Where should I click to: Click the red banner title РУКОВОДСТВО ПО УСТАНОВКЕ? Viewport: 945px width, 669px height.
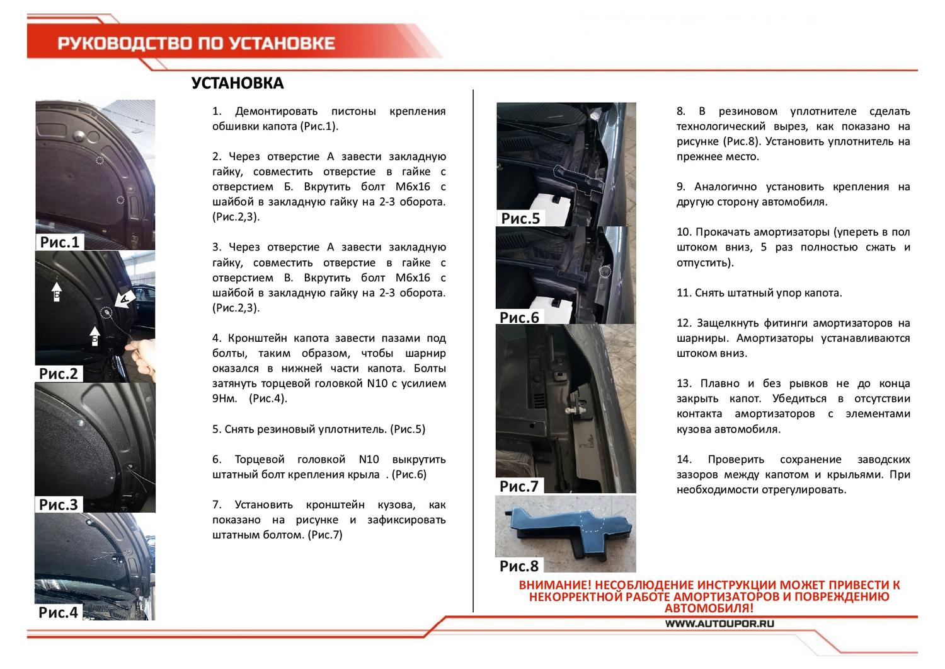click(x=196, y=43)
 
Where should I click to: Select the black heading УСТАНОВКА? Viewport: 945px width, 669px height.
click(x=238, y=83)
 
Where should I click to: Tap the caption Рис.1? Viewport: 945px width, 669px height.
click(x=60, y=242)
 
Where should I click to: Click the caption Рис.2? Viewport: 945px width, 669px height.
click(x=59, y=373)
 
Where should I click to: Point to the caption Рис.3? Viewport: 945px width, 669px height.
click(x=59, y=504)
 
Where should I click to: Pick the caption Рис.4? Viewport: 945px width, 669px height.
click(x=58, y=612)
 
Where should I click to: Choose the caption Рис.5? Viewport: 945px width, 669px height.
click(x=520, y=218)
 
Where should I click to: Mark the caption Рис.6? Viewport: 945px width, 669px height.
click(x=519, y=317)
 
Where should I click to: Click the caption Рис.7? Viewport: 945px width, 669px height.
click(x=519, y=486)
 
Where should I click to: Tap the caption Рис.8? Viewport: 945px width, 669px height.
click(x=519, y=566)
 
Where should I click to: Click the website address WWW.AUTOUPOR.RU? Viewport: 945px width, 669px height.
click(x=719, y=624)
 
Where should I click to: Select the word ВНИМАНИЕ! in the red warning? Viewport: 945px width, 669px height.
click(x=555, y=585)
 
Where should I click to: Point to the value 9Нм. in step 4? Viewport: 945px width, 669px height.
click(x=225, y=398)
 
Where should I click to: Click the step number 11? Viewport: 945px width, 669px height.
click(x=684, y=293)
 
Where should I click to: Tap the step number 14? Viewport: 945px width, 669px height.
click(x=684, y=459)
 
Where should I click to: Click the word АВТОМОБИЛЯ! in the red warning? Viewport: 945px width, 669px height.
click(x=709, y=608)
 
